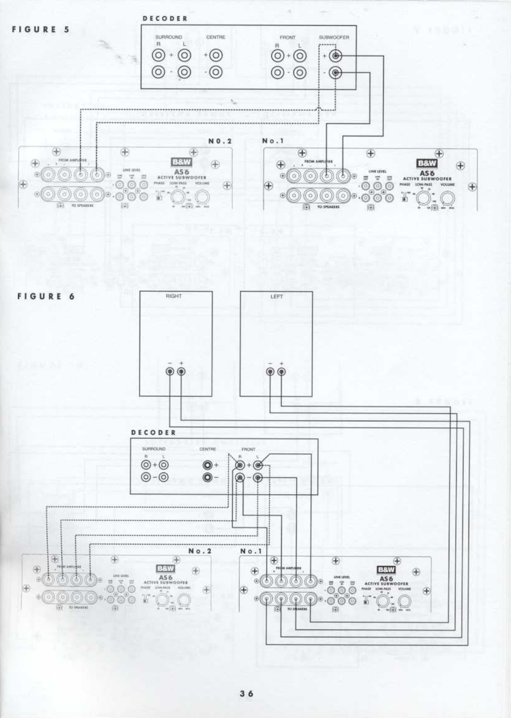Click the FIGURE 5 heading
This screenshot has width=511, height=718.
click(x=41, y=30)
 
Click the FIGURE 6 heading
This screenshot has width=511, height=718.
click(x=46, y=296)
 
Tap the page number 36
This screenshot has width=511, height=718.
click(x=247, y=693)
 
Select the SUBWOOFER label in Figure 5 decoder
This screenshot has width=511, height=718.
click(x=334, y=37)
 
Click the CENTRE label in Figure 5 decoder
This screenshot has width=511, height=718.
click(x=215, y=37)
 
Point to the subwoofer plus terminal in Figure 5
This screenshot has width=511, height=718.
click(x=335, y=56)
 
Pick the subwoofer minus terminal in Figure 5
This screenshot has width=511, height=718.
click(x=335, y=73)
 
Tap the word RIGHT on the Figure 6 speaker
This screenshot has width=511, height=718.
click(x=174, y=296)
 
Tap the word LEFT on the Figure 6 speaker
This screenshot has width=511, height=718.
click(x=277, y=296)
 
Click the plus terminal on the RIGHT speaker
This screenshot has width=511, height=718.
click(x=181, y=371)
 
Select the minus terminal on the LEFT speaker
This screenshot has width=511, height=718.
click(x=270, y=371)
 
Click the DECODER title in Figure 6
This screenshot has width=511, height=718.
click(x=154, y=432)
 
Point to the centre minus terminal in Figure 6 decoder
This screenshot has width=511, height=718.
click(x=209, y=477)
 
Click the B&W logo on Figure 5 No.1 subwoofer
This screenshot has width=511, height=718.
click(x=427, y=163)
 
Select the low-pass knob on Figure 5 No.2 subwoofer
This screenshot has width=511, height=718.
click(x=178, y=197)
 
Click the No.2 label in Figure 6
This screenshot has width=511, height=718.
click(x=200, y=551)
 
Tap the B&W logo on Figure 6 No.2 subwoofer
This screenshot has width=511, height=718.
click(x=165, y=569)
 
